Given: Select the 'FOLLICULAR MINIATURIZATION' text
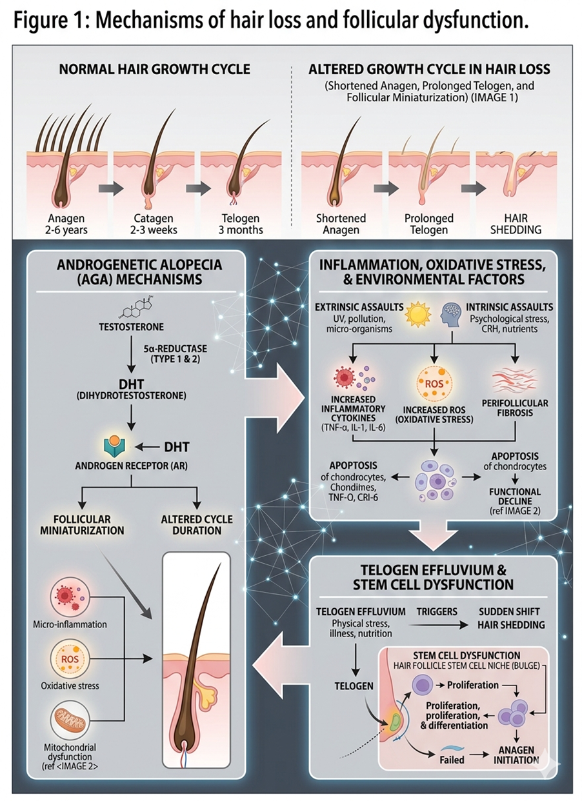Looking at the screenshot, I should coord(83,525).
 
